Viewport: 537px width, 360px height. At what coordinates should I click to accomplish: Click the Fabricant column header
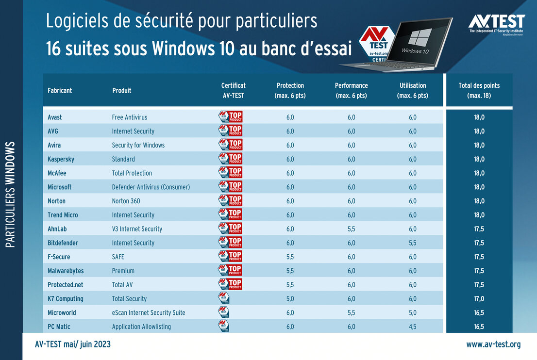(60, 90)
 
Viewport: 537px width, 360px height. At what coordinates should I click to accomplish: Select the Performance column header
(351, 90)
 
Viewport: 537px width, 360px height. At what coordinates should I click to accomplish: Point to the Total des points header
(479, 90)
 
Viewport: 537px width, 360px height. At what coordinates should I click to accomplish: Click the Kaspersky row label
(61, 159)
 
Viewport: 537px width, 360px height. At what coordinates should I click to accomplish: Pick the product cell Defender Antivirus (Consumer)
(151, 187)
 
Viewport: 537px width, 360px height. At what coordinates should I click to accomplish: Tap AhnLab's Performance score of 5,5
(351, 229)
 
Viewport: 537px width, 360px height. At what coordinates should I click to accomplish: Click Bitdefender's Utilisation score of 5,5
(412, 243)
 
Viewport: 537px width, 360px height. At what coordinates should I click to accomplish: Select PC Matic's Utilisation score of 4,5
(412, 327)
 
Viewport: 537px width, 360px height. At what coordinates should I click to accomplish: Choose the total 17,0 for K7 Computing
(479, 299)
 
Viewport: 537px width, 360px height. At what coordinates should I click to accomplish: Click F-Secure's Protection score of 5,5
(290, 257)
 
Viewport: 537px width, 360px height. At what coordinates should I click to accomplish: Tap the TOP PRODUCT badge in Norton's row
(230, 201)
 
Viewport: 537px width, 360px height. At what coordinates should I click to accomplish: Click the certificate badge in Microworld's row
(223, 313)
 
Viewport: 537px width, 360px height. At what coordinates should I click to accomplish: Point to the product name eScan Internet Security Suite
(149, 313)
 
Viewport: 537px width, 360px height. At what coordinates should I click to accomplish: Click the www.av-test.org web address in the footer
(493, 344)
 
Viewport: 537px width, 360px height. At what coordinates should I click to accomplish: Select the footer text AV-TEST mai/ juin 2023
(73, 344)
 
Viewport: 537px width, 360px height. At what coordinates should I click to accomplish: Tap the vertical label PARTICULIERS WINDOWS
(11, 194)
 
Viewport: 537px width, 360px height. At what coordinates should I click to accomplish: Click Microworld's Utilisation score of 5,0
(412, 313)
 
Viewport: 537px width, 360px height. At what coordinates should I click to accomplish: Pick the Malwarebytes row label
(66, 271)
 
